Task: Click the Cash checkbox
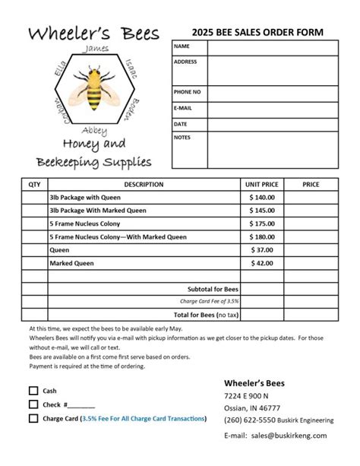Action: [33, 391]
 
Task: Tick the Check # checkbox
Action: [33, 404]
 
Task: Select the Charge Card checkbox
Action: [33, 418]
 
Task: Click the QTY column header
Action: [34, 184]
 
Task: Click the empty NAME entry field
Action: [271, 47]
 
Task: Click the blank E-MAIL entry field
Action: [271, 108]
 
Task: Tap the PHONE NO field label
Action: [187, 92]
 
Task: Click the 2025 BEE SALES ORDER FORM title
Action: [257, 32]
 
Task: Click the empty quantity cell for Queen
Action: [34, 249]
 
